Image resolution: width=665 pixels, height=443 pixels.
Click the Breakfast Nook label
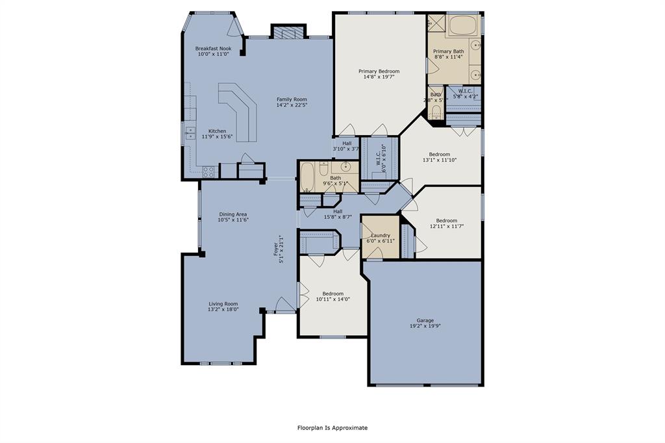pos(213,49)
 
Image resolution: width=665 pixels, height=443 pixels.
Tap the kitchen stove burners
pos(208,171)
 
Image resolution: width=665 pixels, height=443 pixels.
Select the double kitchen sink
pos(190,133)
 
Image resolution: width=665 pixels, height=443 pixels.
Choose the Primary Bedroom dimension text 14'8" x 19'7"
pos(379,77)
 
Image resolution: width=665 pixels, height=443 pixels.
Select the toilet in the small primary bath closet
pos(436,114)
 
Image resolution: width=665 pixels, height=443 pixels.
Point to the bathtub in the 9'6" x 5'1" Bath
pos(307,177)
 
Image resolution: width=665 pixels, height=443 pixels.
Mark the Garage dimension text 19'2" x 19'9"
pos(425,326)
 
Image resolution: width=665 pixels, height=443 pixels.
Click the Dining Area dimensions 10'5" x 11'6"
pos(232,220)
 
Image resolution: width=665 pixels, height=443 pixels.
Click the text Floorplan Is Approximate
pos(332,428)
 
